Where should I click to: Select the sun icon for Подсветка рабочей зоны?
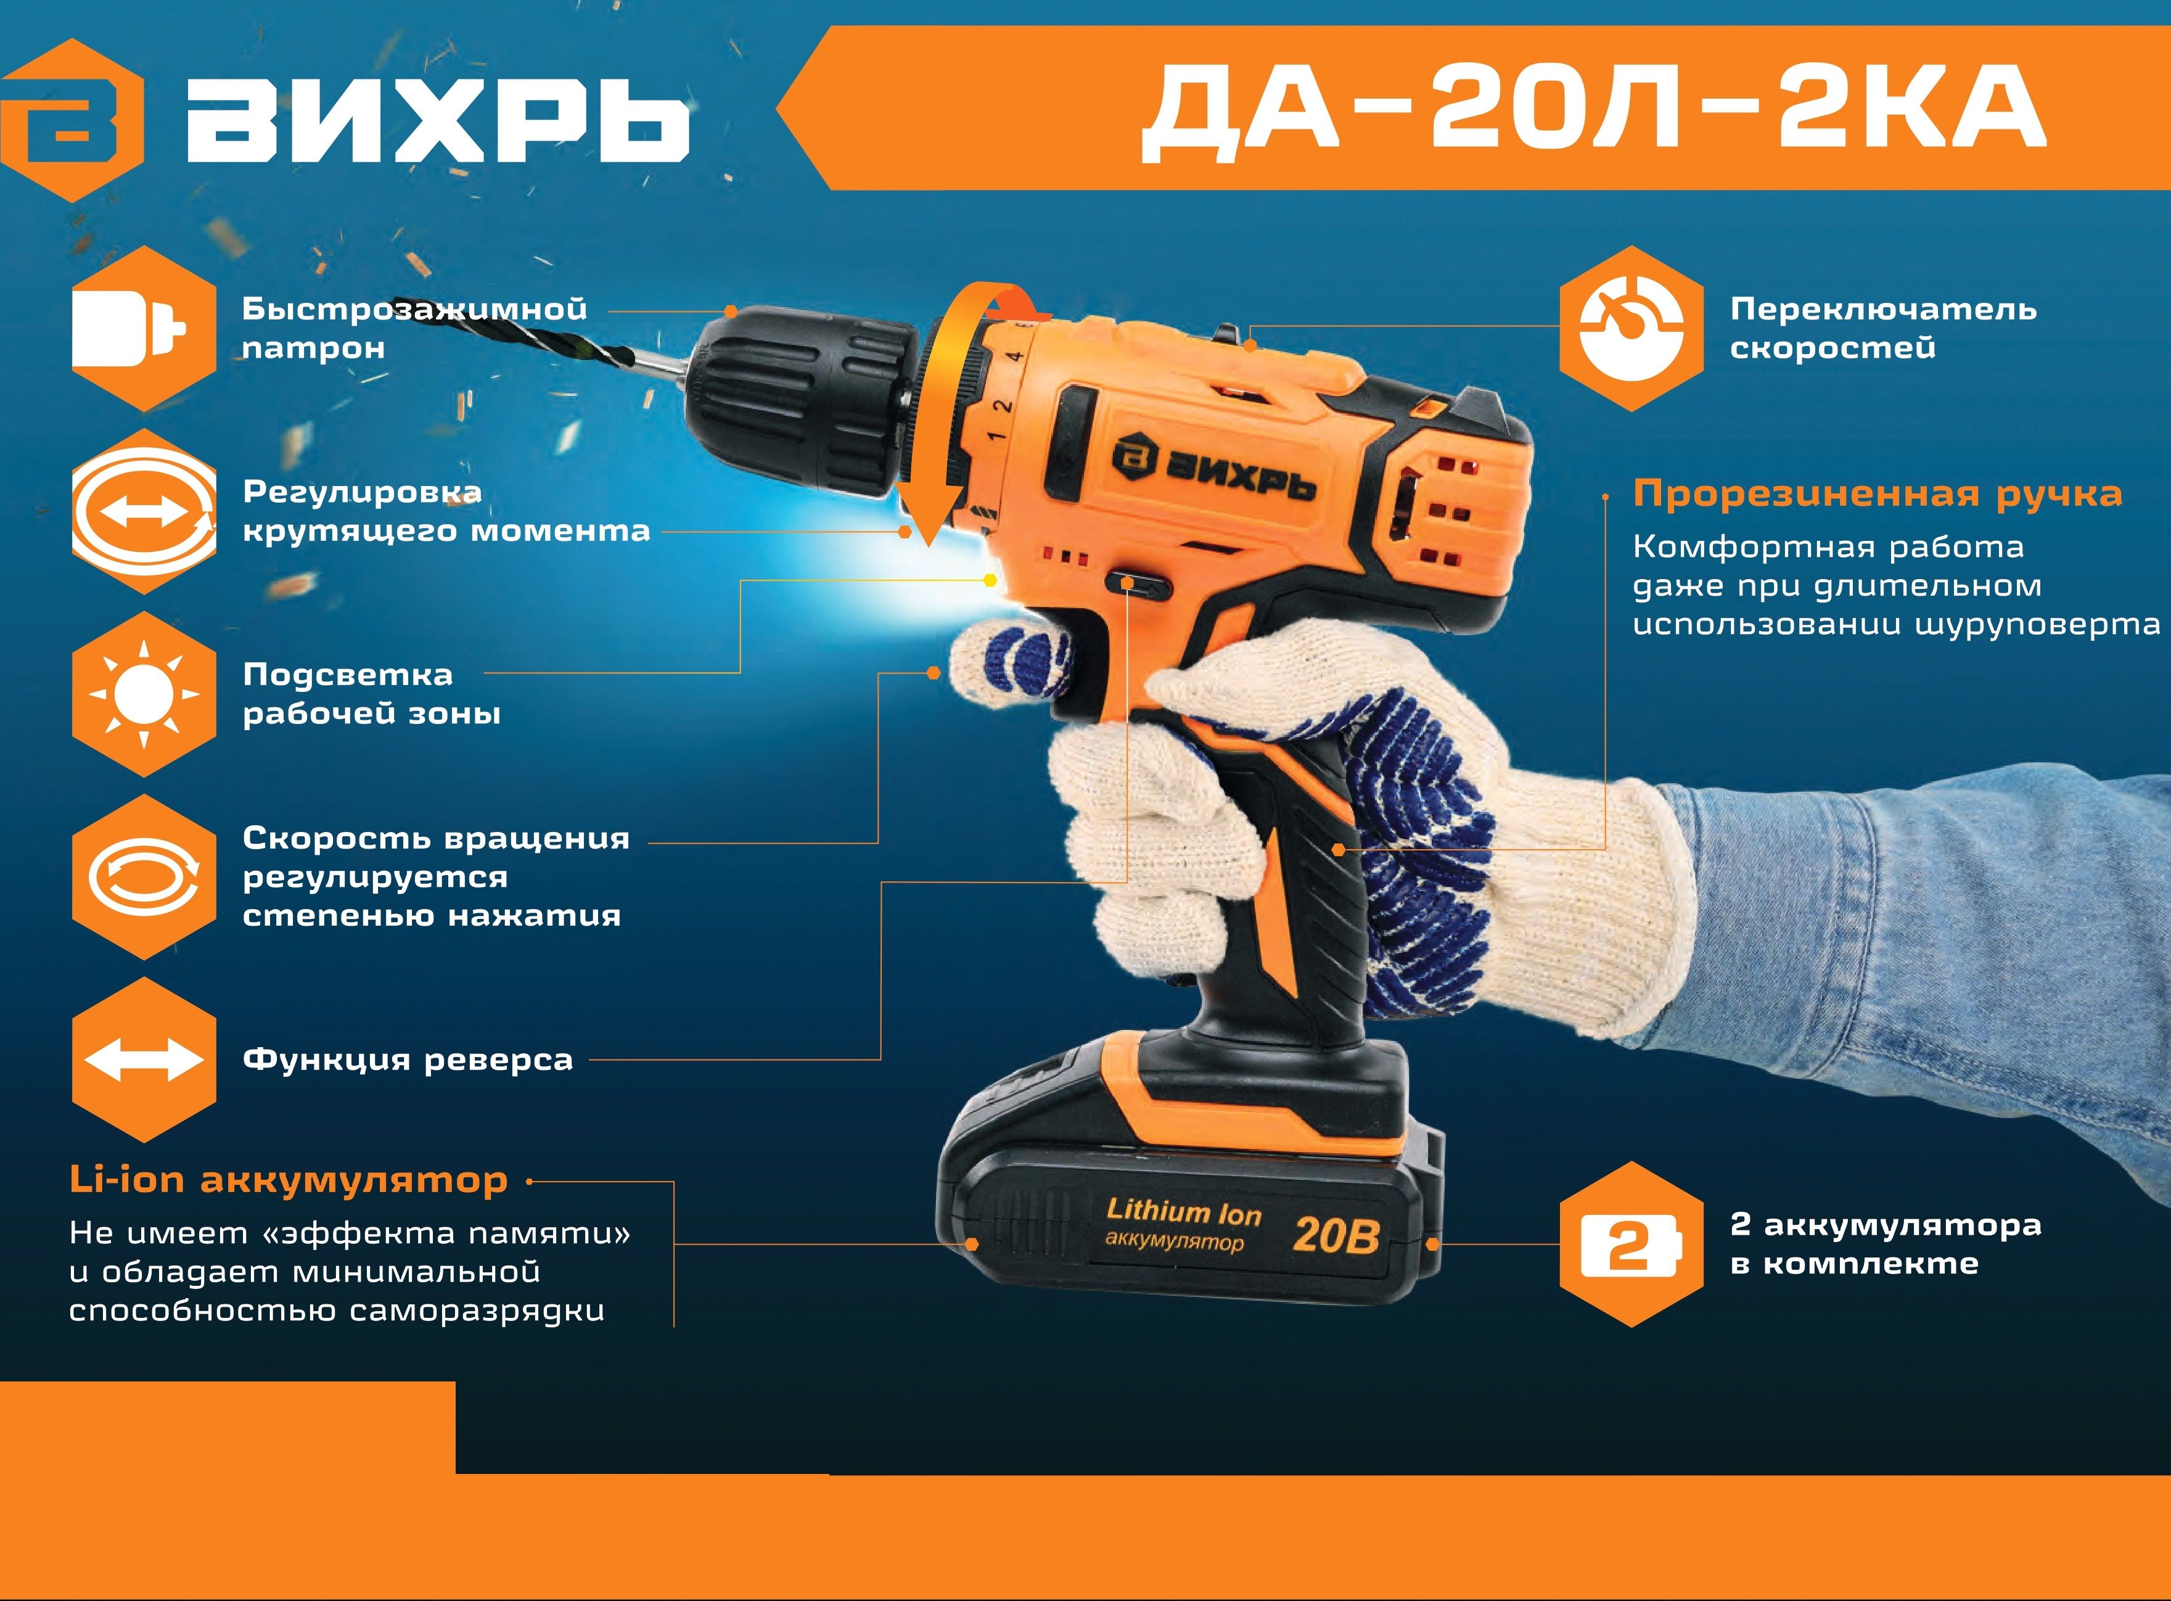144,694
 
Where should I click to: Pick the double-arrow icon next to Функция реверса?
144,1060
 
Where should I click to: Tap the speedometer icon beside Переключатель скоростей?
1631,329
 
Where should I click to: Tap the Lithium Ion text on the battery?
1184,1211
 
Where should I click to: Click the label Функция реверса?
408,1060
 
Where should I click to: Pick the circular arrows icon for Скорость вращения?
144,877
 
